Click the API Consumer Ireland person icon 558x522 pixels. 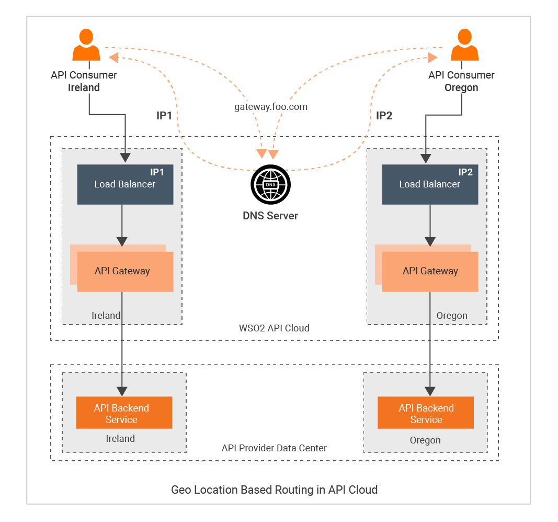86,46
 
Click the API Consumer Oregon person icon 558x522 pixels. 464,46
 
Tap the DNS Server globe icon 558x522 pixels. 270,185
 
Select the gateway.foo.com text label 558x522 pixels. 270,107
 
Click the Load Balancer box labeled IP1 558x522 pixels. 125,184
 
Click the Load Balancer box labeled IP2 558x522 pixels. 430,184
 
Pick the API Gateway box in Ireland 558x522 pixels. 124,271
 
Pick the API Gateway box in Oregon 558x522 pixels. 430,271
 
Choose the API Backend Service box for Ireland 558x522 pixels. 124,413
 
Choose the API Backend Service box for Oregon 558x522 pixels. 426,413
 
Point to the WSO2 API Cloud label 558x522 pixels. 274,328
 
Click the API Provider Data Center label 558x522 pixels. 274,448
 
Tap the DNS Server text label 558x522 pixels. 270,216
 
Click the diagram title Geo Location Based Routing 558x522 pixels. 274,490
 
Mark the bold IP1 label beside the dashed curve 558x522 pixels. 164,116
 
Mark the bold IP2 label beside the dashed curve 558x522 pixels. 384,116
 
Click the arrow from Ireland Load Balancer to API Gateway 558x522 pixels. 122,225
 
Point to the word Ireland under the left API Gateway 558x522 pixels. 106,316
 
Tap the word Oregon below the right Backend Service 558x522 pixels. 425,440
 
